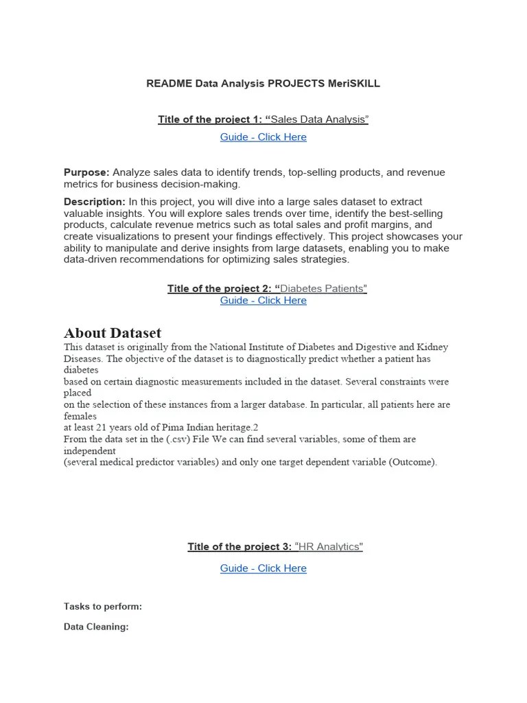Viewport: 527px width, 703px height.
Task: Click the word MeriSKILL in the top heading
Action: tap(353, 83)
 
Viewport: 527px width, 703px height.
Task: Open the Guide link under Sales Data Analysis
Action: tap(263, 137)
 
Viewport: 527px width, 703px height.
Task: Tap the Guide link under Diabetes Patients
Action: tap(263, 300)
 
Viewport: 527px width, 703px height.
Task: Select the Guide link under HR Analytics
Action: tap(263, 568)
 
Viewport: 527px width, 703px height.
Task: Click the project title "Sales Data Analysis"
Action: tap(320, 119)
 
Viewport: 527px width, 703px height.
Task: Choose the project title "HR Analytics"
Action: tap(329, 546)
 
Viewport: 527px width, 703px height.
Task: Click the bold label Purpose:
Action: tap(86, 172)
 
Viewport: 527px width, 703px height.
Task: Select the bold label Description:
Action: tap(95, 201)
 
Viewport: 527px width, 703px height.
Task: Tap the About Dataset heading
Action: tap(113, 333)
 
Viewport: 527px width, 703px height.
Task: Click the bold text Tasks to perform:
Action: tap(103, 606)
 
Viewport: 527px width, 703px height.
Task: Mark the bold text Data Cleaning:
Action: tap(96, 627)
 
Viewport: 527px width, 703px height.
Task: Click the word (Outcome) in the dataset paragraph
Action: tap(412, 462)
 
